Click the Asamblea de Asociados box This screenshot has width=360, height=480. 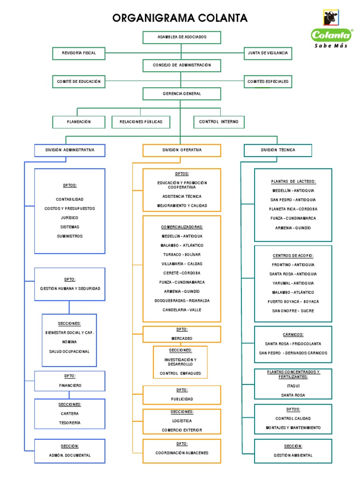pos(181,37)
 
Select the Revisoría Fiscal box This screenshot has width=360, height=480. pos(79,53)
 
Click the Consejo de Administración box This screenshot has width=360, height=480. pos(181,65)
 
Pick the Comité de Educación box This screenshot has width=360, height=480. pos(79,81)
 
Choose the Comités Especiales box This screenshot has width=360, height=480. pos(268,81)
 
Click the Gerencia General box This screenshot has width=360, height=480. pos(181,94)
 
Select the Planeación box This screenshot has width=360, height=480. pos(79,122)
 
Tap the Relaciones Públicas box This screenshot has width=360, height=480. pos(141,122)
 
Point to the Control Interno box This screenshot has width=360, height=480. pos(219,122)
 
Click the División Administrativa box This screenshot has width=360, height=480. pos(70,150)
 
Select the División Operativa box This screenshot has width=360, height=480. pos(182,150)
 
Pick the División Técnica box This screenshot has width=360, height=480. pos(278,150)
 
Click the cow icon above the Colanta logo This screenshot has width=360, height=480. pos(331,18)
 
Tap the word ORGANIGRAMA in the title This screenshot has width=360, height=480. pos(149,18)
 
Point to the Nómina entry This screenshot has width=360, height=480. pos(69,342)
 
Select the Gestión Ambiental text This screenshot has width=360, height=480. pos(293,455)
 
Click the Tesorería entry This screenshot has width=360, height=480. pos(70,423)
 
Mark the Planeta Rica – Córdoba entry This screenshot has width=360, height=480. pos(293,209)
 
